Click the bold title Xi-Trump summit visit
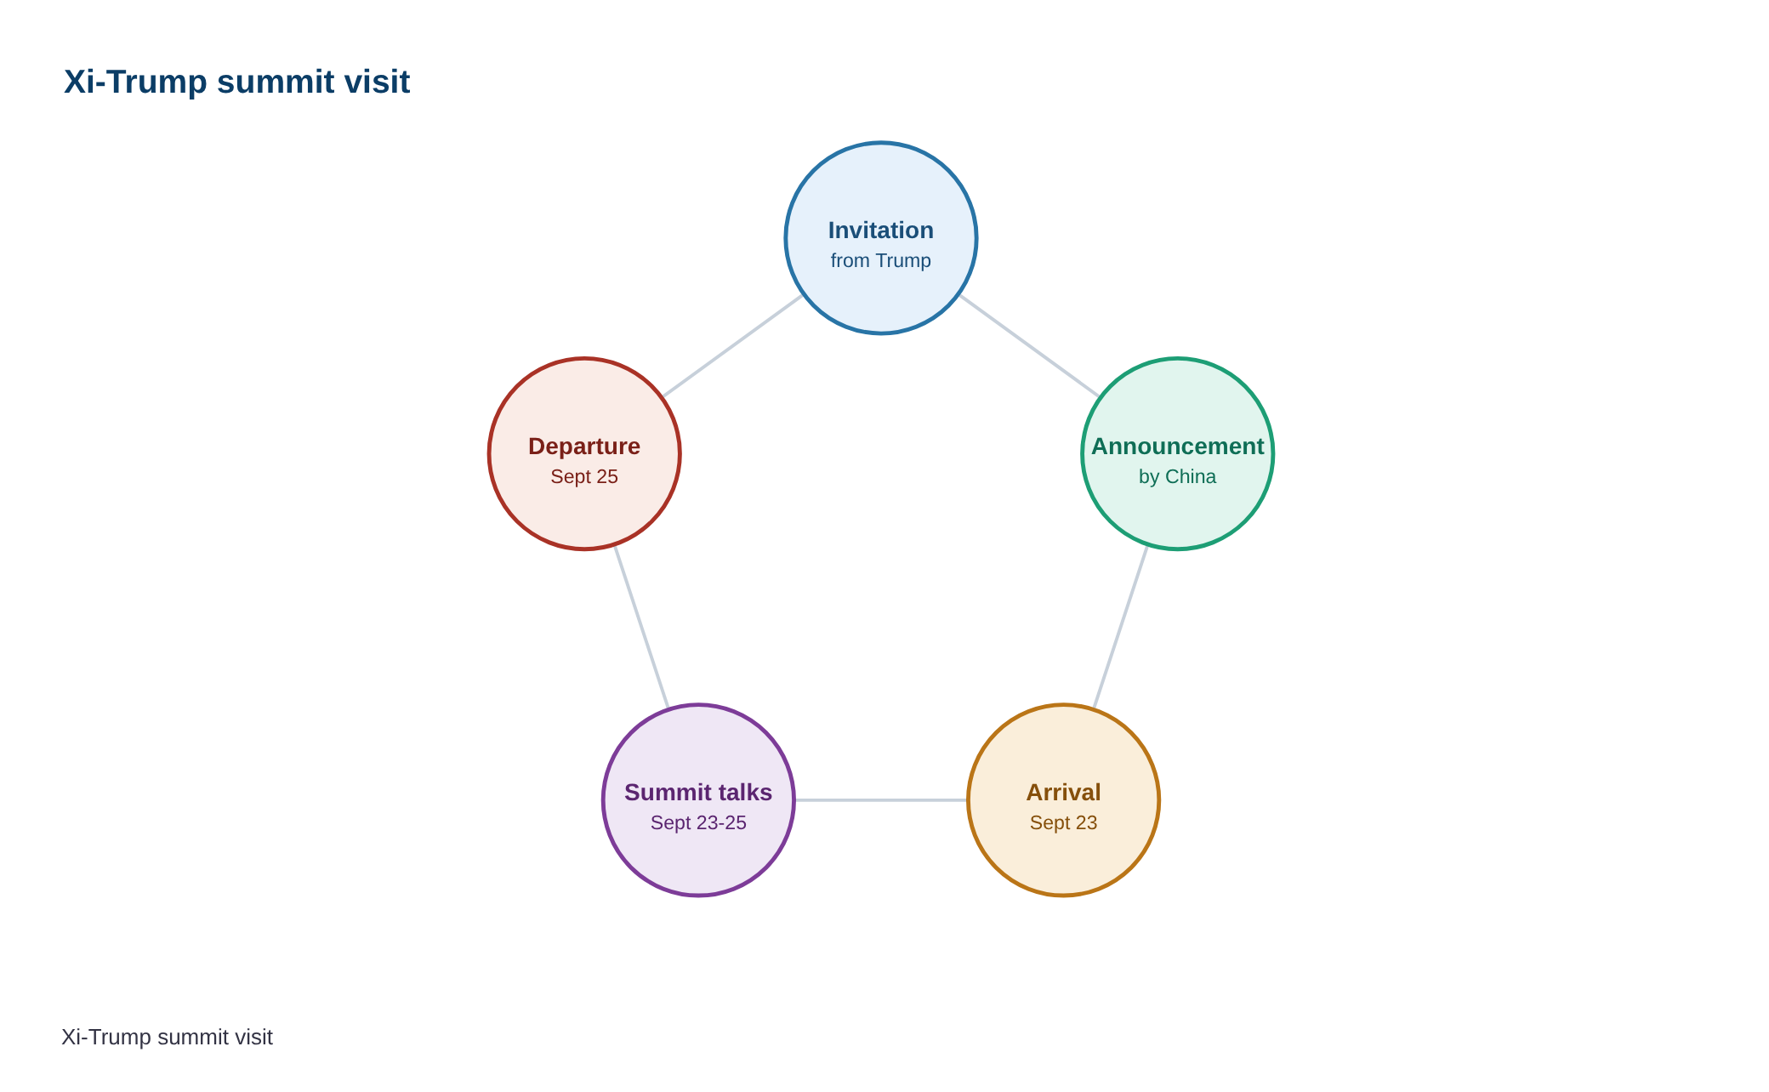236,82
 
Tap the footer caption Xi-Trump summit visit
167,1038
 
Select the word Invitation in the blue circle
881,230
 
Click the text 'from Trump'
881,260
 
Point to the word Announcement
1178,446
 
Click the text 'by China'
1178,477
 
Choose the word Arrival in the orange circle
1064,793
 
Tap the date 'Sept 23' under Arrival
1064,823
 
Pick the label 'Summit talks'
698,793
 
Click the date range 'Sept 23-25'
698,823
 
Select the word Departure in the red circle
584,446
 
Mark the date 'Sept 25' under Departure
584,477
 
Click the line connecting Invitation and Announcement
1029,346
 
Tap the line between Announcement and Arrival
1121,627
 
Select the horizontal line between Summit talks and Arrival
881,800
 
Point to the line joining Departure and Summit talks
641,627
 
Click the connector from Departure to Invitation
733,346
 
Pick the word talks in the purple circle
744,793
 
